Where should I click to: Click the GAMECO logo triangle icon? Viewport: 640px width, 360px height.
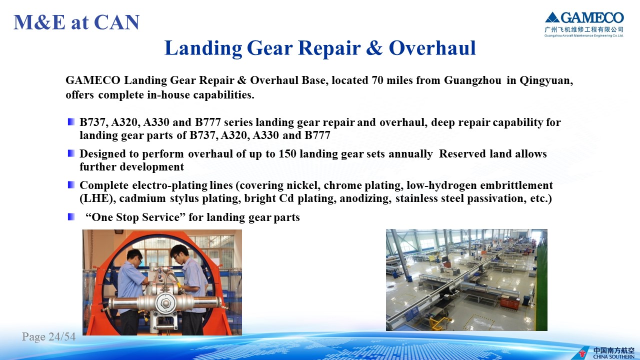[552, 17]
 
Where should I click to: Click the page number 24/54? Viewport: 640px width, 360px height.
[62, 336]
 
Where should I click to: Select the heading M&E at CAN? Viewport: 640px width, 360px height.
[76, 22]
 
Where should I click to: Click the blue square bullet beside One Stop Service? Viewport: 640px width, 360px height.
[71, 217]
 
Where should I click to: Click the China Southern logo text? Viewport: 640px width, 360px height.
[613, 353]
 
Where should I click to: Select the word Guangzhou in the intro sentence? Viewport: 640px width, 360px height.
[472, 80]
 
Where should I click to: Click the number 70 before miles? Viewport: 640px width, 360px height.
[377, 80]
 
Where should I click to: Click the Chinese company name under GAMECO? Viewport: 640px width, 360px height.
[584, 29]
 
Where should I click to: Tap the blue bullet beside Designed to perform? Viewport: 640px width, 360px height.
[71, 153]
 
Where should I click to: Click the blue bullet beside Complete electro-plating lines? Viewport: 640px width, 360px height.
[71, 185]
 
